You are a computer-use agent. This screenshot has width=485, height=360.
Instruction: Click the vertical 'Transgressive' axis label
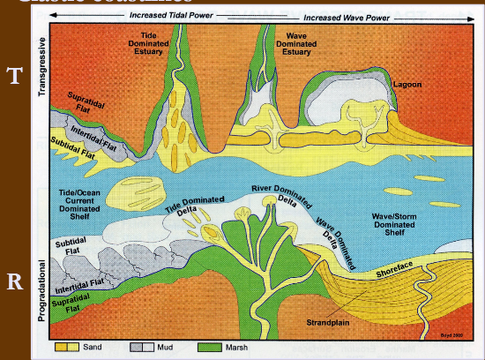(x=41, y=66)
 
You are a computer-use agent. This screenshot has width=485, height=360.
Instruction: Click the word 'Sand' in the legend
(x=93, y=348)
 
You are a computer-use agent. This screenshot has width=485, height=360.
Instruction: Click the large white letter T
(x=14, y=75)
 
